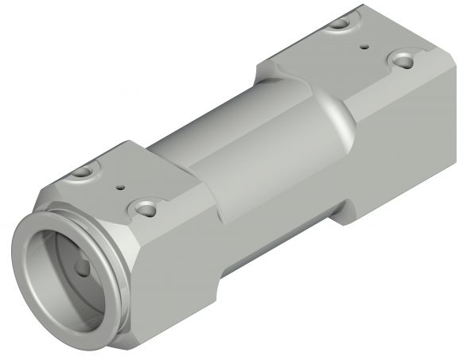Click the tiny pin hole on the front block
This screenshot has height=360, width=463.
point(121,189)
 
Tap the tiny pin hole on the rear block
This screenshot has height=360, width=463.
point(364,47)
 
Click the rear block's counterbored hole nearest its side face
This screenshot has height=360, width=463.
point(405,60)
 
